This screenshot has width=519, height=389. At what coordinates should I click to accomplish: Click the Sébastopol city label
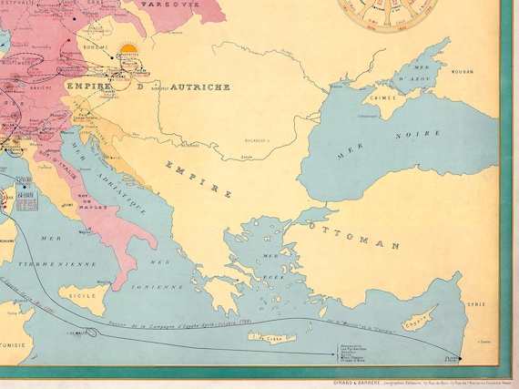pos(368,116)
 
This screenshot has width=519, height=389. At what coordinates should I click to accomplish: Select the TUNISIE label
pos(14,346)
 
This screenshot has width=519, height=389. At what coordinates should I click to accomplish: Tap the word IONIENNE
pos(159,284)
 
